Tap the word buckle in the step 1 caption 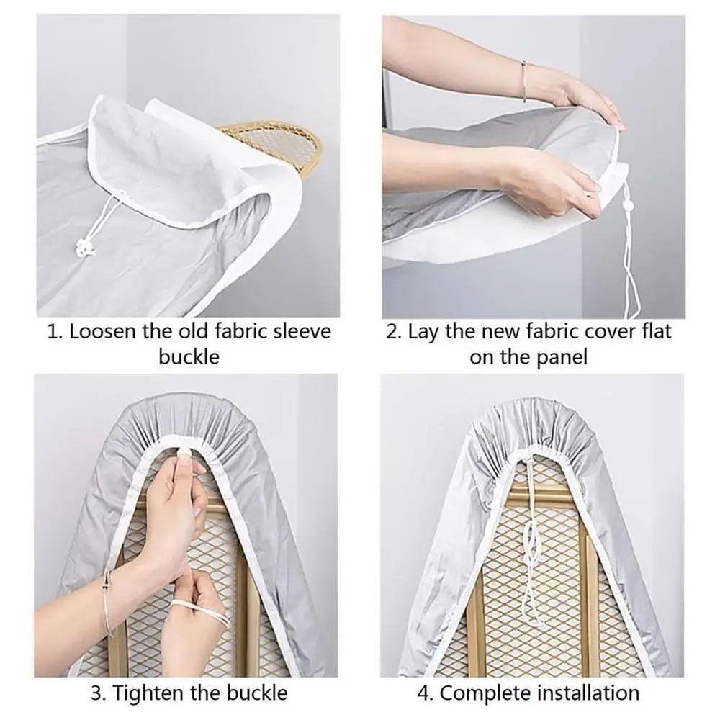point(189,356)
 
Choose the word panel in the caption point(562,356)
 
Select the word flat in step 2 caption point(652,332)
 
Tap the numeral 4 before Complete point(425,693)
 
